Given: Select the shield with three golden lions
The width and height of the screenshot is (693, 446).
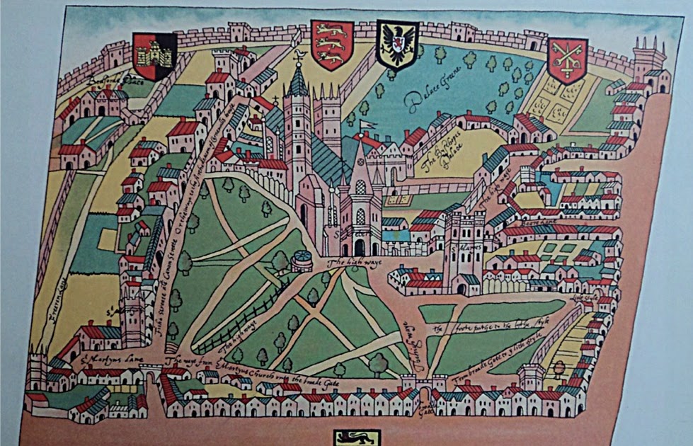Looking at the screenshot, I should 332,44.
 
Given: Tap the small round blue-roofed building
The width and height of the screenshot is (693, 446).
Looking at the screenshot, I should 300,257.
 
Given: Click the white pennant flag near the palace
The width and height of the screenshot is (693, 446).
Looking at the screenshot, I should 365,125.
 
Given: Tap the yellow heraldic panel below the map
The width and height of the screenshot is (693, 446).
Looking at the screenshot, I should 357,438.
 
